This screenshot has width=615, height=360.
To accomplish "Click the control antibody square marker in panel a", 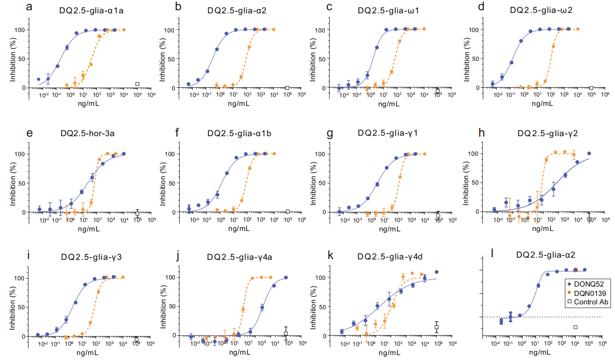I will (x=138, y=84).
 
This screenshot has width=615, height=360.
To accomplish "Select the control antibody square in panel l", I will (x=575, y=327).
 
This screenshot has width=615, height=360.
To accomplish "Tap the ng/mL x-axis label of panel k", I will (x=388, y=352).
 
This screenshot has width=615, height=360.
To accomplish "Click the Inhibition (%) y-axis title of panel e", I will (x=14, y=183).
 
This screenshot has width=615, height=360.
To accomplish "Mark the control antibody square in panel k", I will (x=437, y=327).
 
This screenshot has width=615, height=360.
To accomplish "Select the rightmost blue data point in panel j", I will (x=286, y=277).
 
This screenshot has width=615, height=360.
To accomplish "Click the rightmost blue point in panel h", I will (x=590, y=154).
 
